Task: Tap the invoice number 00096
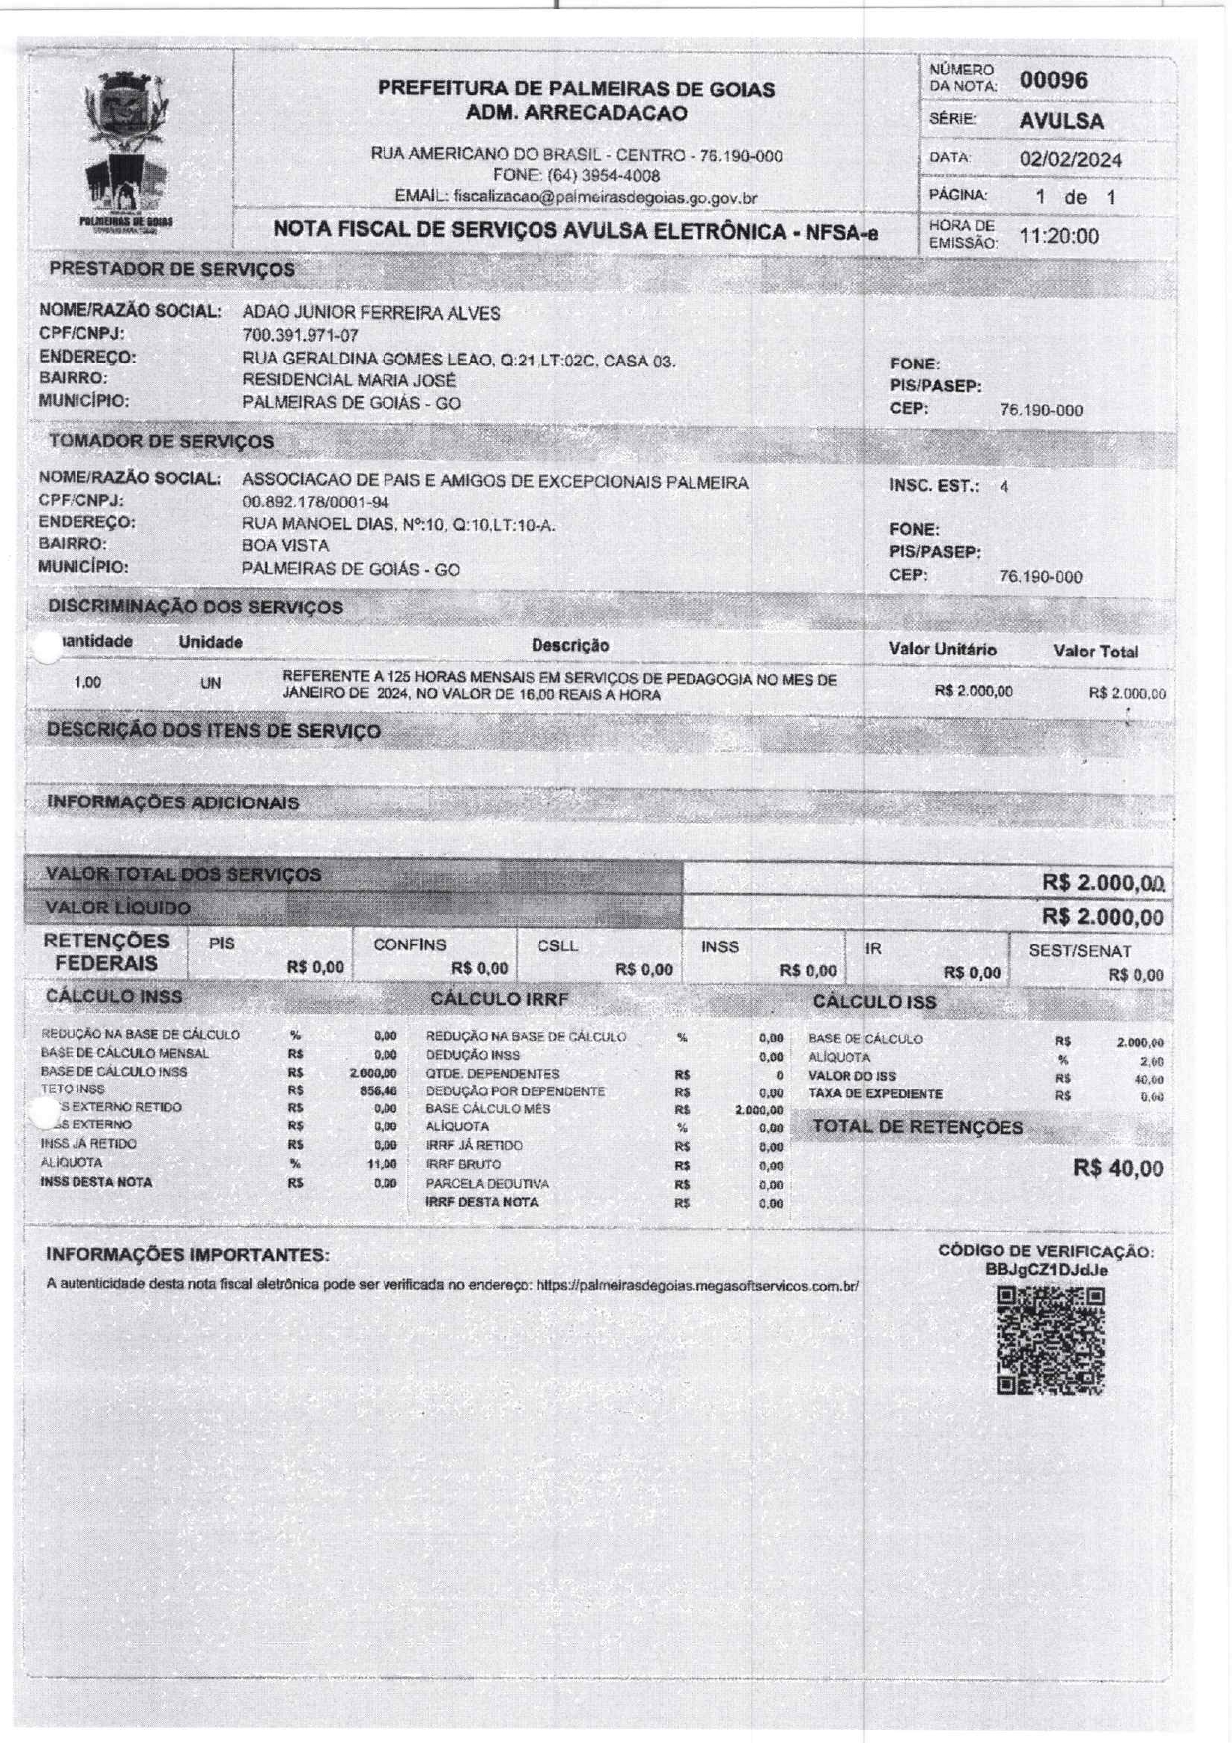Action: coord(1054,80)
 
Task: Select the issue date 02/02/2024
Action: coord(1071,159)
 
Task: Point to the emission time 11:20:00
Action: coord(1060,236)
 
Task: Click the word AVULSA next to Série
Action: coord(1061,121)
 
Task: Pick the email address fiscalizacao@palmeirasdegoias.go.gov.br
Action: coord(605,197)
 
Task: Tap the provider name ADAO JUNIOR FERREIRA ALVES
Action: coord(372,313)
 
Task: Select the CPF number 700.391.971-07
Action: coord(300,336)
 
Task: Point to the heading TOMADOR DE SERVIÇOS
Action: coord(162,441)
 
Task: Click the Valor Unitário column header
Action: coord(942,650)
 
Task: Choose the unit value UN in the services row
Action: coord(210,684)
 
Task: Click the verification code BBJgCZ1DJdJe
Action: coord(1046,1270)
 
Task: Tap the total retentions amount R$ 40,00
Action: coord(1118,1168)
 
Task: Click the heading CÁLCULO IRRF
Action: coord(499,999)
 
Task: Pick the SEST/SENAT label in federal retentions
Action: coord(1079,951)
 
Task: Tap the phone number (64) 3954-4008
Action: coord(603,176)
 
